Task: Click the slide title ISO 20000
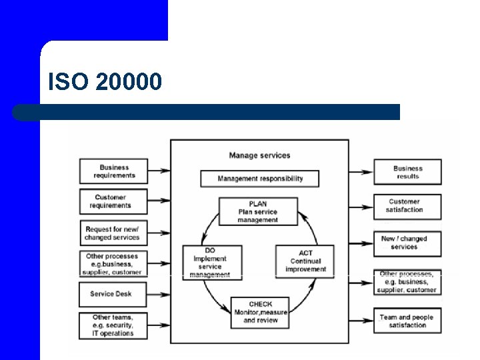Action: pyautogui.click(x=105, y=82)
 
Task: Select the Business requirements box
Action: pyautogui.click(x=113, y=171)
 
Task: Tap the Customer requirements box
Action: pyautogui.click(x=113, y=201)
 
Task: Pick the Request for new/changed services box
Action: pyautogui.click(x=113, y=233)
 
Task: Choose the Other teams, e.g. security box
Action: pyautogui.click(x=113, y=325)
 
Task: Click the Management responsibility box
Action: pyautogui.click(x=260, y=179)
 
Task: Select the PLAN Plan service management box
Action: pyautogui.click(x=258, y=212)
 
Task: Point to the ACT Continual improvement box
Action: pyautogui.click(x=305, y=261)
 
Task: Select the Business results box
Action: pyautogui.click(x=407, y=172)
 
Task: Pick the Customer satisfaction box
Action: pyautogui.click(x=407, y=205)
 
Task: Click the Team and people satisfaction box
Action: pyautogui.click(x=407, y=321)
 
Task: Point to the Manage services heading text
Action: pyautogui.click(x=259, y=155)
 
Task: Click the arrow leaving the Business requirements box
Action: pyautogui.click(x=159, y=171)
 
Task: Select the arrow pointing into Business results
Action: pyautogui.click(x=361, y=172)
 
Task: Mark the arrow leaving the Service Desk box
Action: pyautogui.click(x=159, y=294)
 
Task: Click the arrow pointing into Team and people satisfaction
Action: pyautogui.click(x=361, y=321)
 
